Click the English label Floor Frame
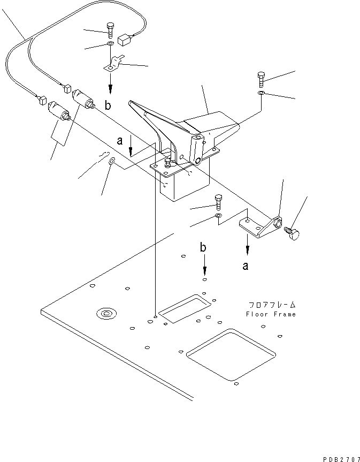click(271, 314)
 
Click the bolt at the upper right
click(260, 79)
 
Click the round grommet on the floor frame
click(104, 313)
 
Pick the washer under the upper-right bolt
click(260, 94)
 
